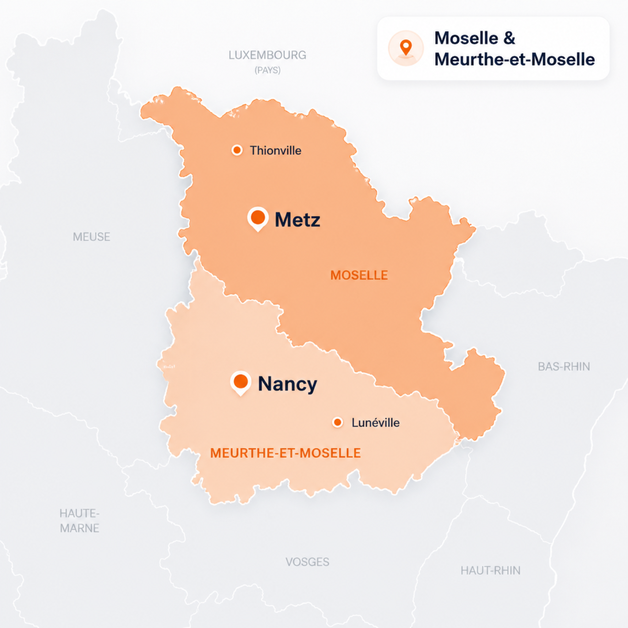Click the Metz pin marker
(x=258, y=217)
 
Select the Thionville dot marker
(x=237, y=150)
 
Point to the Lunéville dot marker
(x=338, y=422)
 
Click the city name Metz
(x=297, y=220)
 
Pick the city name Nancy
(x=287, y=384)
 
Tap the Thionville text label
(x=275, y=151)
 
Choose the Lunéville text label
(x=375, y=423)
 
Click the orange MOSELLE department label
(x=359, y=275)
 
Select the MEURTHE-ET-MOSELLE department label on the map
(x=285, y=453)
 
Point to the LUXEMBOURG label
(x=267, y=55)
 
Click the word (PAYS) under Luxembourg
(x=267, y=70)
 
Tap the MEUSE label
(x=91, y=237)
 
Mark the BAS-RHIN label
(x=564, y=367)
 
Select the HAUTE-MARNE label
(x=80, y=521)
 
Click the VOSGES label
(x=307, y=562)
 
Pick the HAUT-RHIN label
(x=490, y=570)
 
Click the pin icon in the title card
(x=406, y=48)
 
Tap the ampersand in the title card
(x=509, y=38)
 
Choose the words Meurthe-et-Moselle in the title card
(x=515, y=59)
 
